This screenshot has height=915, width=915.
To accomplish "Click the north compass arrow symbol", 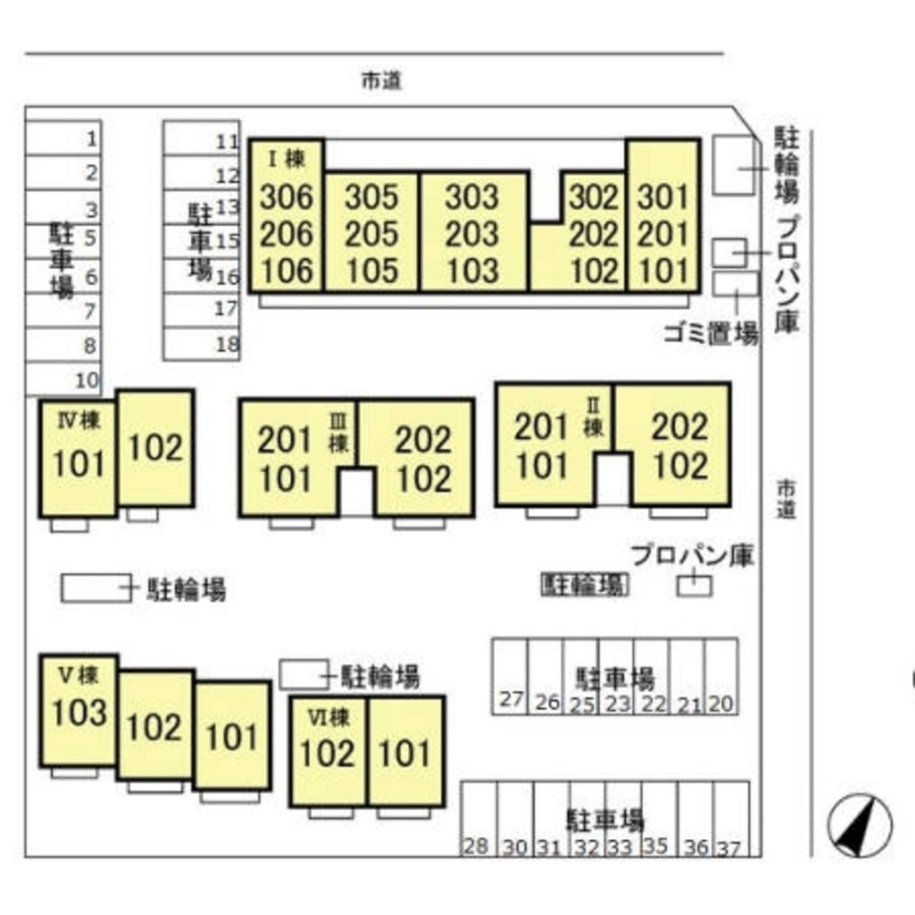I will [x=859, y=823].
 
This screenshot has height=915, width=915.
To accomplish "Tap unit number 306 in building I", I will [x=286, y=197].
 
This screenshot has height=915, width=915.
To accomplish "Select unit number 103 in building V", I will [x=80, y=713].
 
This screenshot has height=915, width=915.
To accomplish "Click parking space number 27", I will [x=511, y=701].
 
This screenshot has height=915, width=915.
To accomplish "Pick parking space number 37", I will [x=729, y=847].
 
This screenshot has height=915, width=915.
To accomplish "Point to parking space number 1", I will [x=91, y=139].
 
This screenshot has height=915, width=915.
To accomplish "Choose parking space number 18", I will [x=227, y=344].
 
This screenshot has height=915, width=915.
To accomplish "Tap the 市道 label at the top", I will [x=382, y=81].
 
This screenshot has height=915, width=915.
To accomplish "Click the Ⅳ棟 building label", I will [x=78, y=422].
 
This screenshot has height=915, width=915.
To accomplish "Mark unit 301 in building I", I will [x=663, y=197].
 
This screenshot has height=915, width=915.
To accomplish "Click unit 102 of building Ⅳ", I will [x=155, y=447].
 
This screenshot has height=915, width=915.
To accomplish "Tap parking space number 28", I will [x=475, y=847].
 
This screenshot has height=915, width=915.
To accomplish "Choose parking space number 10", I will [x=87, y=379].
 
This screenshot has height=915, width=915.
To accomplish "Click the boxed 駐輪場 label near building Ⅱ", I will [x=585, y=585].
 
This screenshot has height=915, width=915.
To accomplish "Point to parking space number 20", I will [x=721, y=703].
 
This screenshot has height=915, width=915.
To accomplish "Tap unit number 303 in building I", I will [x=473, y=197].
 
